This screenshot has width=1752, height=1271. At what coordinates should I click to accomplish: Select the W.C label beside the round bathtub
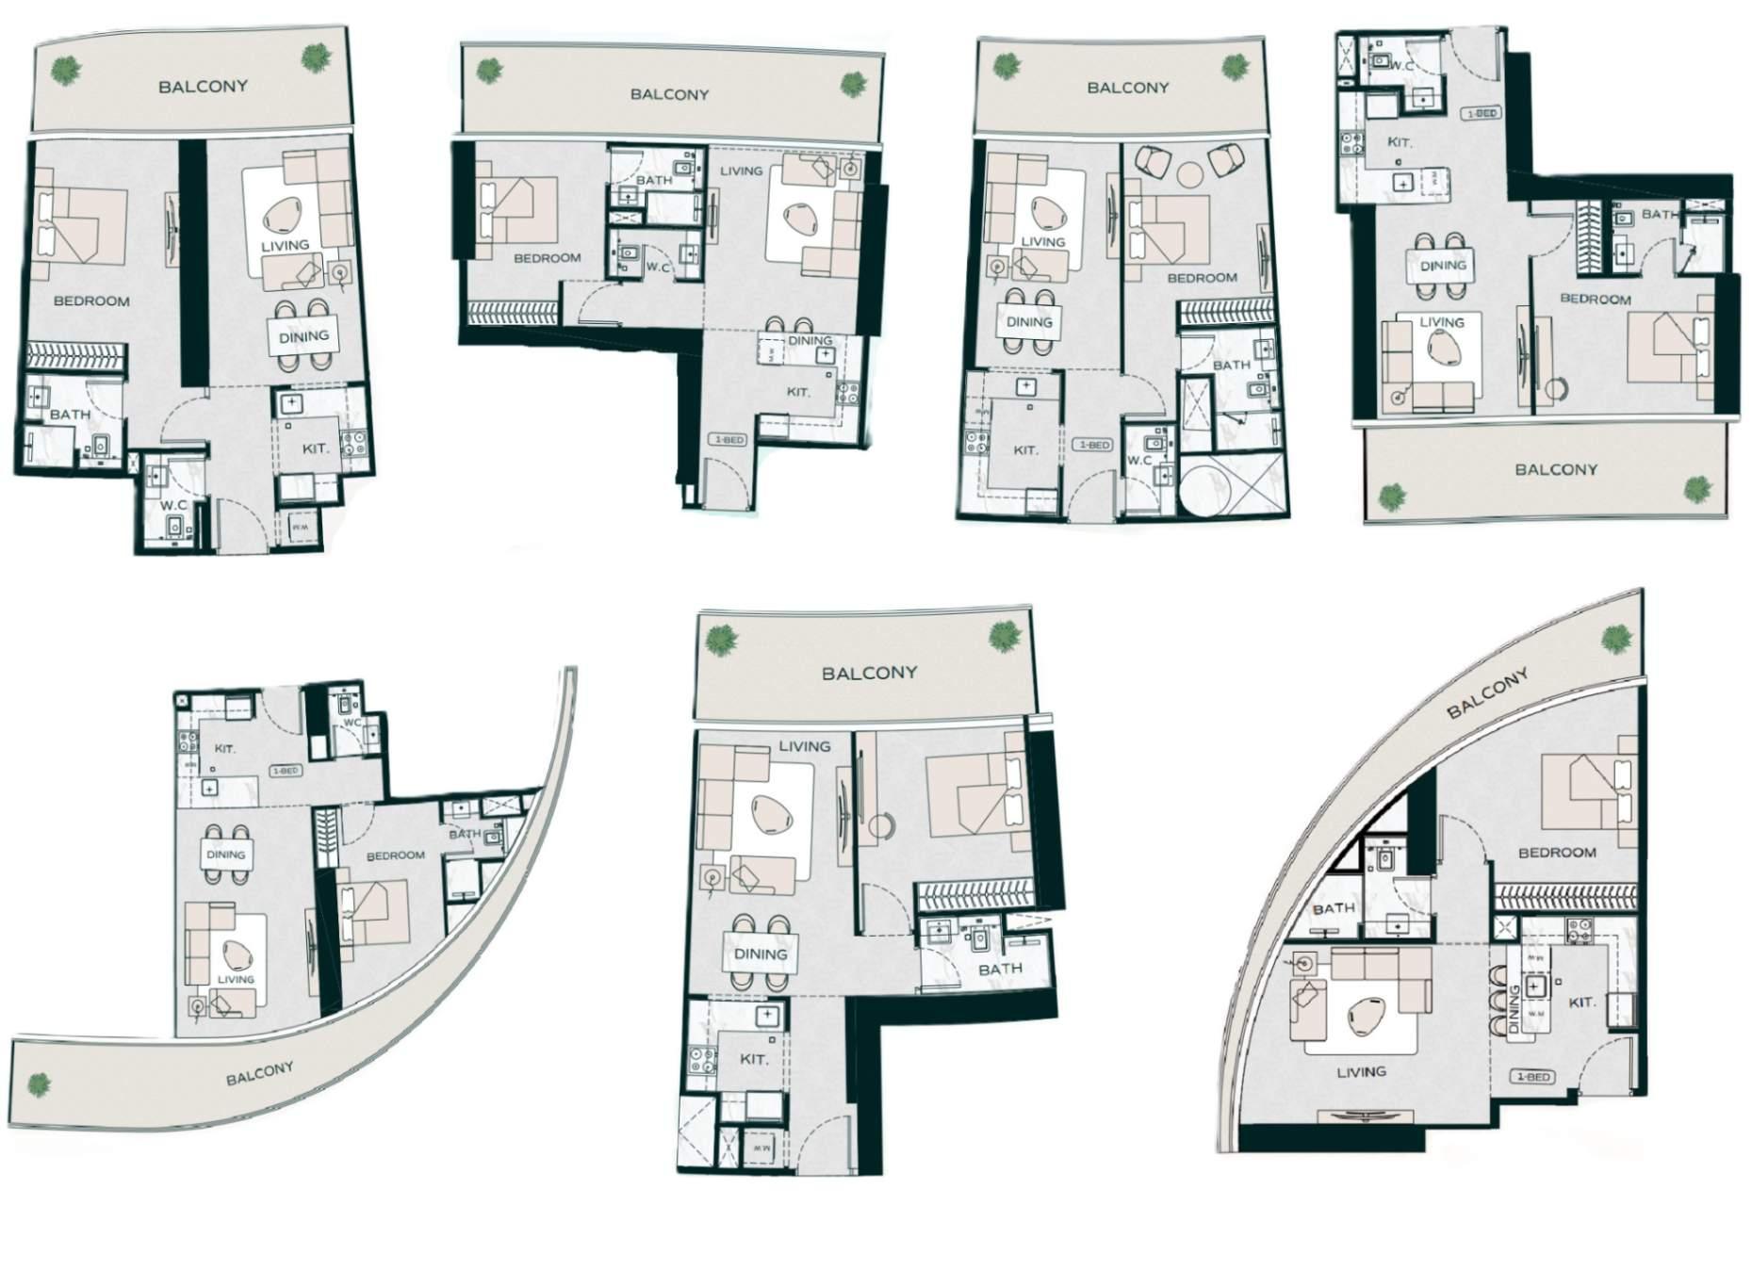click(1139, 460)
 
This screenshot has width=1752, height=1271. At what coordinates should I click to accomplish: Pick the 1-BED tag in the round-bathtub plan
click(1094, 444)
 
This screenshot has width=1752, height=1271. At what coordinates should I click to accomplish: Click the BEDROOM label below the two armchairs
click(1202, 278)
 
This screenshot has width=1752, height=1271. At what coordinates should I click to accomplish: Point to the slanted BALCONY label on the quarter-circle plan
click(1487, 694)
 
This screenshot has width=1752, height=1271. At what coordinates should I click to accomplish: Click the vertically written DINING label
click(1515, 1008)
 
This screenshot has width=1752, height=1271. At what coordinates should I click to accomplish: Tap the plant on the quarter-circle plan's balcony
click(1617, 640)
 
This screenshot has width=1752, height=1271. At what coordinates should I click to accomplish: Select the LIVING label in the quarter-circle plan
click(1361, 1071)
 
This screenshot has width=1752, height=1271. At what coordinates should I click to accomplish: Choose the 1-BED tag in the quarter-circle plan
click(1532, 1076)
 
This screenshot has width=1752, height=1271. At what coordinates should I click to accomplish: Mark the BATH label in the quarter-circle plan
click(1334, 908)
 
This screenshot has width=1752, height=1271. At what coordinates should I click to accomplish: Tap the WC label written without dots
click(352, 723)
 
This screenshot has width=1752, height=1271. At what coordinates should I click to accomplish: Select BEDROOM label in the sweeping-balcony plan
click(395, 855)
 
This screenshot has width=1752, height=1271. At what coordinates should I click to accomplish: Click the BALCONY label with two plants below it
click(1556, 469)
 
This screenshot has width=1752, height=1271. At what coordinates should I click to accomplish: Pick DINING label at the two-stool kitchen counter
click(810, 340)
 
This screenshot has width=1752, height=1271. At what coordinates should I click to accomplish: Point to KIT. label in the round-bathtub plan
click(1025, 450)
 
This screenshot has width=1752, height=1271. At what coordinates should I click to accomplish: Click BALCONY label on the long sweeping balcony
click(259, 1073)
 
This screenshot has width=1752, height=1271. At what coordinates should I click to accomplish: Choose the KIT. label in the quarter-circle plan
click(1581, 1002)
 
